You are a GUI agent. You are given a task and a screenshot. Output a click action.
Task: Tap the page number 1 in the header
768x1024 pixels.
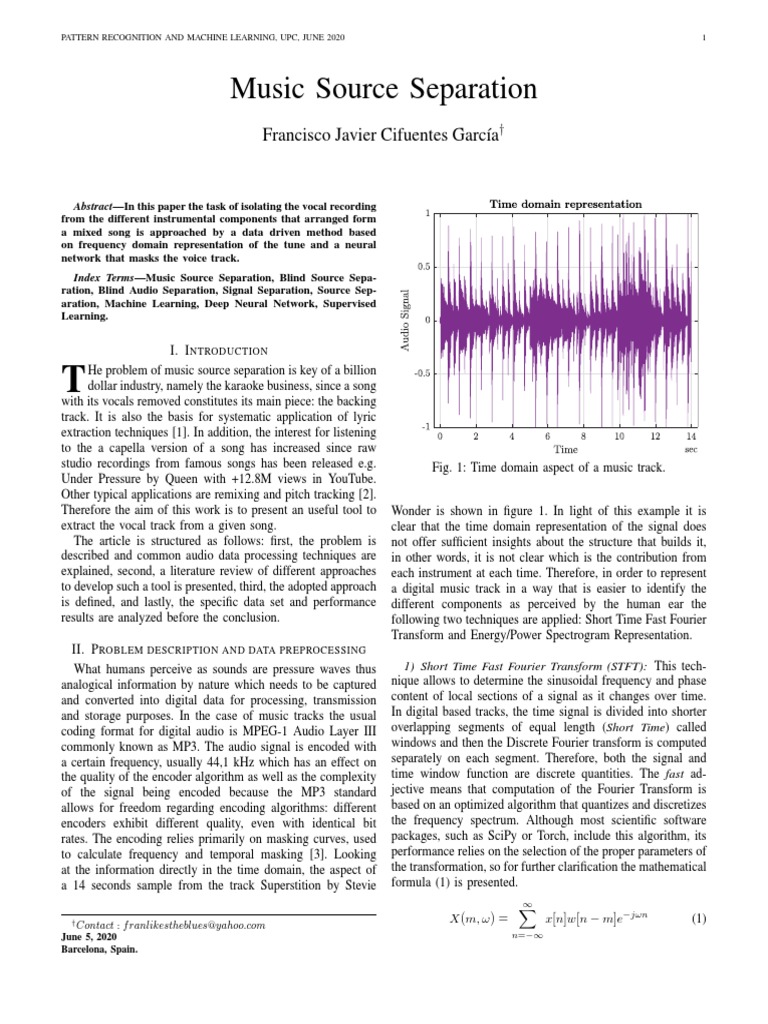pyautogui.click(x=705, y=38)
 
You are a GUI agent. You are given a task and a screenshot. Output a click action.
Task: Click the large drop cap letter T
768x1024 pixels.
pyautogui.click(x=70, y=378)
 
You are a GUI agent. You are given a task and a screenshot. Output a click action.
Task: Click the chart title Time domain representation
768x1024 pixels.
pyautogui.click(x=565, y=204)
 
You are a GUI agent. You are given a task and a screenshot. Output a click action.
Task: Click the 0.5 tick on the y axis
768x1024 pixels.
pyautogui.click(x=423, y=267)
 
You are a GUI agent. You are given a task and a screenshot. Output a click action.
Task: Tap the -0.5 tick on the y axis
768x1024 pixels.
pyautogui.click(x=421, y=373)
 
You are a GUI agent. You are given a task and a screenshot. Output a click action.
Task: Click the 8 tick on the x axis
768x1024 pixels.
pyautogui.click(x=583, y=437)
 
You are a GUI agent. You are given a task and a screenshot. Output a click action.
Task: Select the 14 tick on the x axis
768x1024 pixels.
pyautogui.click(x=690, y=437)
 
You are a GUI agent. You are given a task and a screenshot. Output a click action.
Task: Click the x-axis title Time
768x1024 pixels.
pyautogui.click(x=565, y=450)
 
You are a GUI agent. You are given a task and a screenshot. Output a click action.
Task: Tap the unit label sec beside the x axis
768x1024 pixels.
pyautogui.click(x=690, y=450)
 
